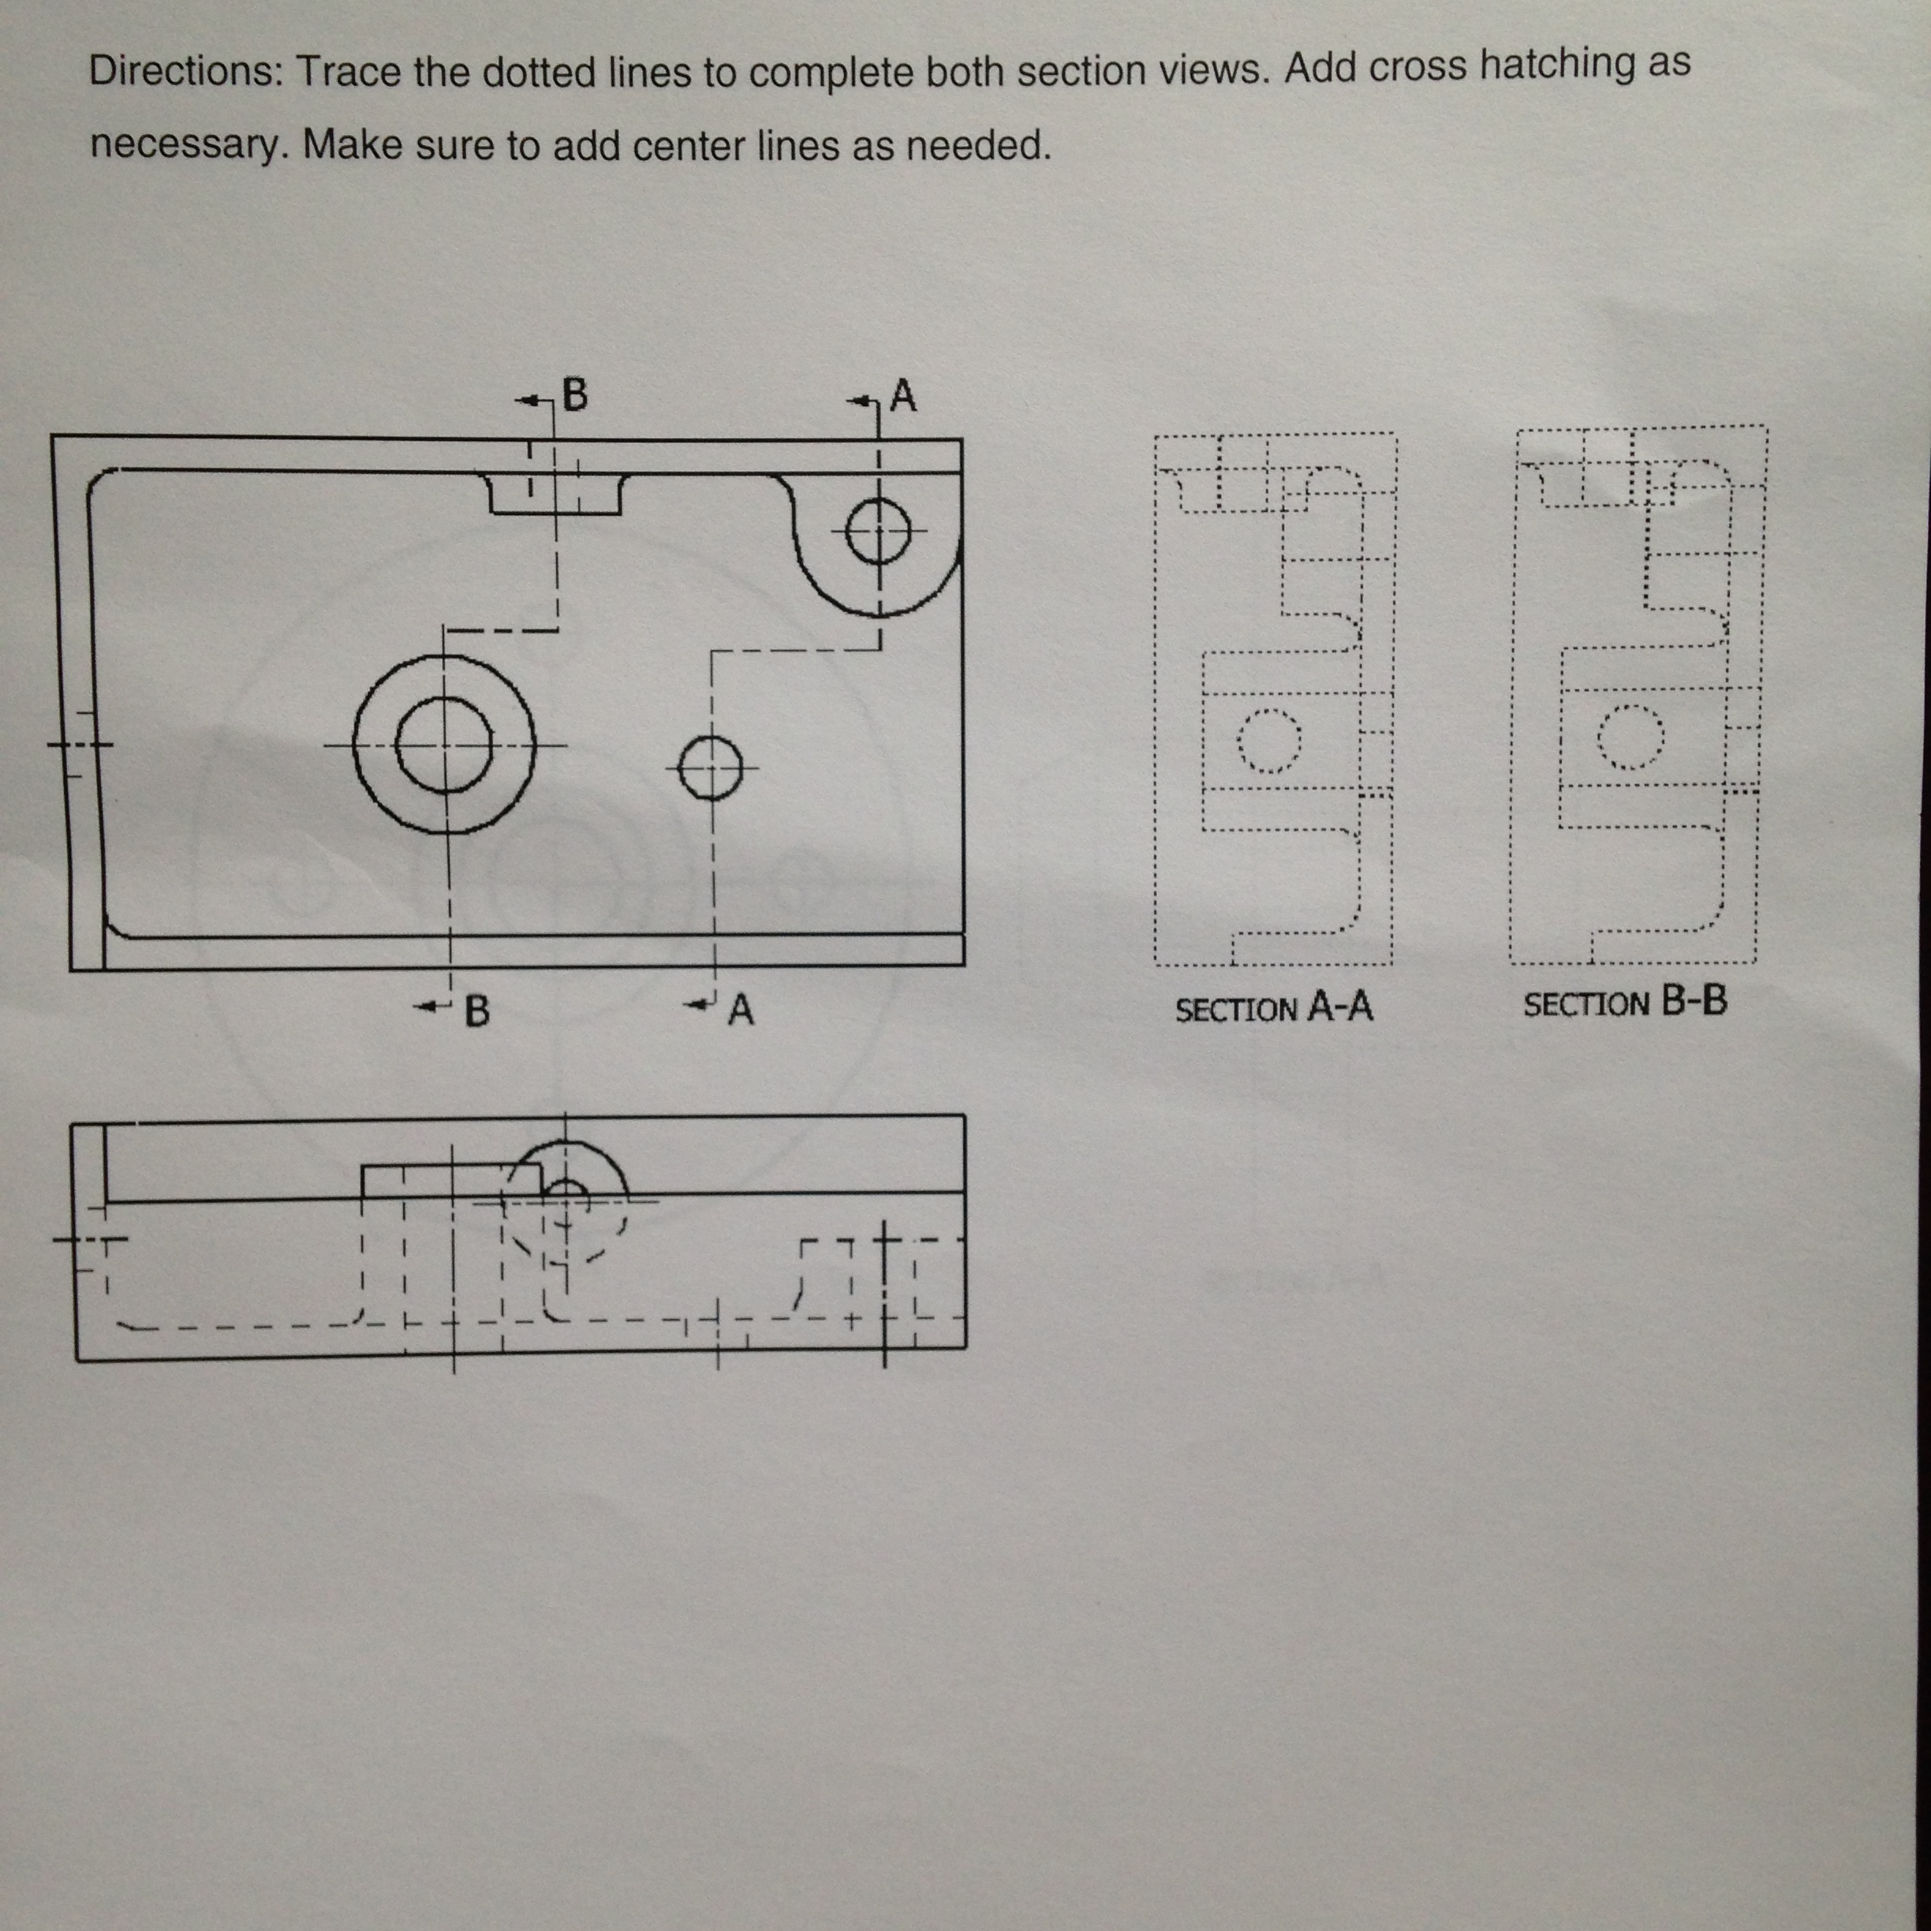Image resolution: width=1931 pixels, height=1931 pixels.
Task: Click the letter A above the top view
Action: point(902,396)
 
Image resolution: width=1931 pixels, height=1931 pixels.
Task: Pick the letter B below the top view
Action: point(478,1010)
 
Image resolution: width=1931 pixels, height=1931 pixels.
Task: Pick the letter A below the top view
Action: point(741,1010)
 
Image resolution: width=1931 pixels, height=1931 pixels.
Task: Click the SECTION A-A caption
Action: point(1273,1007)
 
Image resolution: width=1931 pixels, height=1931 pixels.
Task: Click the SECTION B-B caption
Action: point(1624,1003)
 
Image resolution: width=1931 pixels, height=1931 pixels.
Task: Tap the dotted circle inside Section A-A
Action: point(1269,741)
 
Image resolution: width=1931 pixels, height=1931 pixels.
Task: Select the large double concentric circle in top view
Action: point(445,745)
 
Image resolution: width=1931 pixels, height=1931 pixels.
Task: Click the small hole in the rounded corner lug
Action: point(879,532)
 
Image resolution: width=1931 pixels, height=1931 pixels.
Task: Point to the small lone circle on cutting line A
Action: point(711,768)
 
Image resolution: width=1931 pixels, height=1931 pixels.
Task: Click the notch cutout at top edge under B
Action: point(555,494)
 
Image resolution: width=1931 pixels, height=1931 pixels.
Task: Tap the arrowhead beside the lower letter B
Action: point(428,1007)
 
